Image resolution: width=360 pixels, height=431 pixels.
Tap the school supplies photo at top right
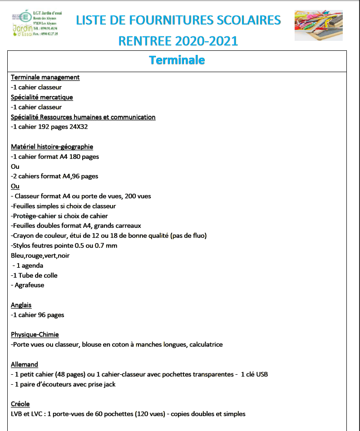318,26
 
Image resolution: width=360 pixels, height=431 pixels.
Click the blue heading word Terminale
177,60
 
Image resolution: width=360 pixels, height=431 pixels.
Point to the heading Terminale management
45,77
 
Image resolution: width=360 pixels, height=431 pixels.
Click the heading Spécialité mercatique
42,97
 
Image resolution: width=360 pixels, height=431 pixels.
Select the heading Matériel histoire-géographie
52,147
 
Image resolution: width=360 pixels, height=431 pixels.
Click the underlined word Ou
15,186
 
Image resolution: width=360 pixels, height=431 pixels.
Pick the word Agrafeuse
30,285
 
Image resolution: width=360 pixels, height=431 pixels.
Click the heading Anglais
21,305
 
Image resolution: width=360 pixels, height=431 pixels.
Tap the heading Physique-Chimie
35,335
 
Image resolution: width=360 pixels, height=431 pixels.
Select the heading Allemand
24,364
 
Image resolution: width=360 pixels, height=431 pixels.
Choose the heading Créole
20,404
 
